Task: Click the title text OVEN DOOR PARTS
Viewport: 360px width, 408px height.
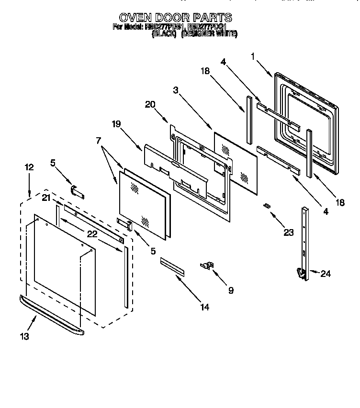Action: click(175, 18)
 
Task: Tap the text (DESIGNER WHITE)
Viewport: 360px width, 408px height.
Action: click(209, 34)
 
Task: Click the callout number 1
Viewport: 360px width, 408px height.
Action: click(252, 57)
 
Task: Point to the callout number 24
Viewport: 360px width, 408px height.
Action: click(326, 274)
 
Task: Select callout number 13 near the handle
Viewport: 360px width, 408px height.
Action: click(24, 336)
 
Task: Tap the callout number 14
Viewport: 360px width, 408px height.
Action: click(204, 307)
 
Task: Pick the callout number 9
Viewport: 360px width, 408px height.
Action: click(231, 290)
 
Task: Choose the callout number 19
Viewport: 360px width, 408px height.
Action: click(116, 124)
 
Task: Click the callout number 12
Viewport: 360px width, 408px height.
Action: click(29, 167)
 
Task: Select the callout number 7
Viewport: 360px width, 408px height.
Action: click(99, 141)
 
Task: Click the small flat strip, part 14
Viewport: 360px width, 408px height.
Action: click(172, 265)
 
